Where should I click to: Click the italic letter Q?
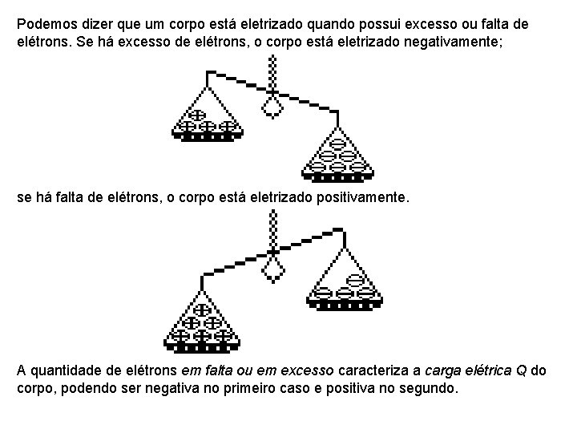point(521,371)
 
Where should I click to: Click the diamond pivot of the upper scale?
point(273,106)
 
